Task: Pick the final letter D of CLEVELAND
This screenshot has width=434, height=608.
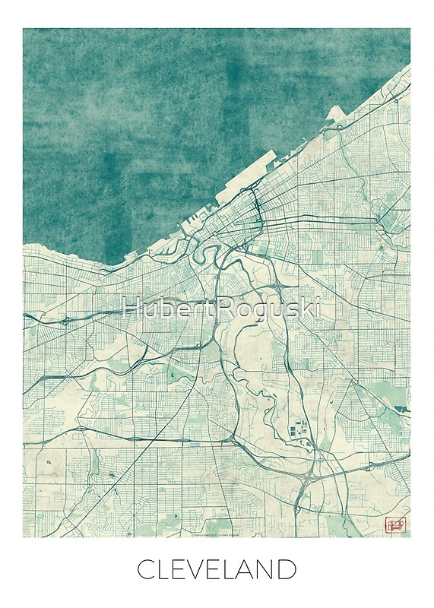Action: tap(289, 569)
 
